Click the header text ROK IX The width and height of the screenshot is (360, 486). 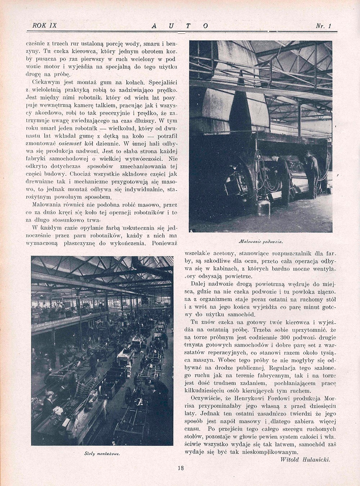click(x=44, y=26)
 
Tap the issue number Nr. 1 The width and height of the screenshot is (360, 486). click(x=323, y=26)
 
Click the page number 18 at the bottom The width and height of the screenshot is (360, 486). click(x=180, y=468)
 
